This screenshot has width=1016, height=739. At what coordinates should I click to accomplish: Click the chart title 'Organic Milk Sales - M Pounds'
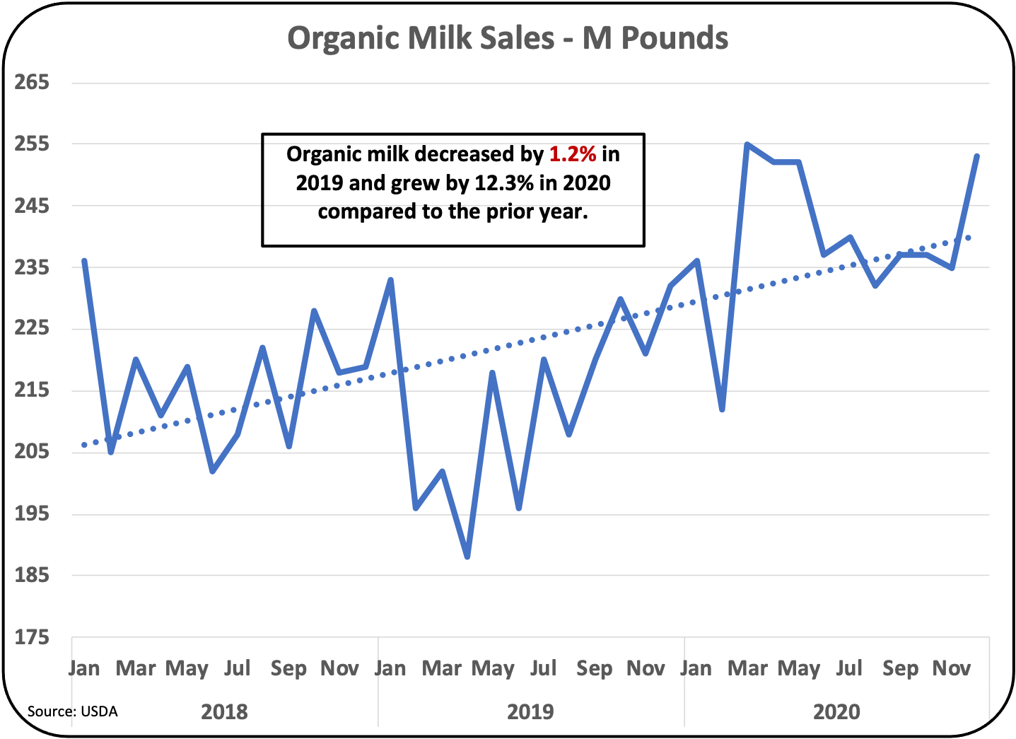click(507, 38)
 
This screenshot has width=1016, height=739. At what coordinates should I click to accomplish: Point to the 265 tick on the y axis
click(33, 82)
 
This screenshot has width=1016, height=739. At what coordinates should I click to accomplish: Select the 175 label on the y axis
click(33, 637)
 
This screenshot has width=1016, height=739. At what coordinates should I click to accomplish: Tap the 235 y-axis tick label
click(33, 267)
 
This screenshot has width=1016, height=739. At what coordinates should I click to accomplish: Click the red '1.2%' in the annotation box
click(573, 154)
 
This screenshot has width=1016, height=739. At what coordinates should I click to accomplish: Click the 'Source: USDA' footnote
click(72, 711)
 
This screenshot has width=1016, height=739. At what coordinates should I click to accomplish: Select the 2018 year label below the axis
click(224, 711)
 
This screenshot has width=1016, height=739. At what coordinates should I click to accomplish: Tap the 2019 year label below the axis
click(530, 711)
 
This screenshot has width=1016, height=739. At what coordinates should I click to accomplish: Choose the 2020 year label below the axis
click(836, 711)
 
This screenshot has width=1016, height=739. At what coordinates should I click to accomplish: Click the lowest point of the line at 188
click(467, 557)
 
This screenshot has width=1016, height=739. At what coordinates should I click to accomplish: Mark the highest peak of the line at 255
click(747, 144)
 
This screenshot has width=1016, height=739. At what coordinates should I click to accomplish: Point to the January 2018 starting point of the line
click(85, 261)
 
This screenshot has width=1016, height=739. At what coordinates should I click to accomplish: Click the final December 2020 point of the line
click(977, 156)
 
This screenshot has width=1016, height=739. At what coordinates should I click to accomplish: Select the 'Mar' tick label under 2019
click(442, 668)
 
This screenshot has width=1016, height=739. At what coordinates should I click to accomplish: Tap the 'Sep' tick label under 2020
click(900, 668)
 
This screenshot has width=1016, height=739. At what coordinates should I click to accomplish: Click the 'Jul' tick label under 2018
click(238, 668)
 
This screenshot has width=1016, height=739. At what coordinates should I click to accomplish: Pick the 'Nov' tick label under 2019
click(646, 668)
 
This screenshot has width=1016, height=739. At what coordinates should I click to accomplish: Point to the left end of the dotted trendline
click(84, 445)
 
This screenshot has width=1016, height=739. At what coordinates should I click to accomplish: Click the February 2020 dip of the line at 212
click(722, 409)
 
